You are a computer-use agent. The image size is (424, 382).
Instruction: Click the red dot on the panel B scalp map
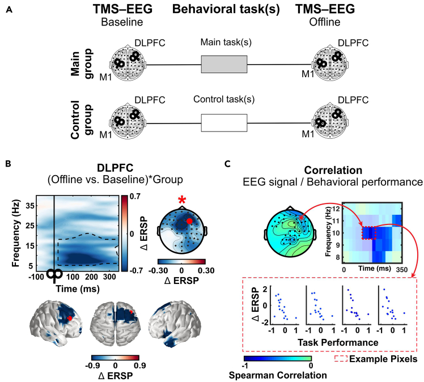(x=189, y=222)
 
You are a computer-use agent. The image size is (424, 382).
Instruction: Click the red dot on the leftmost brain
(x=70, y=319)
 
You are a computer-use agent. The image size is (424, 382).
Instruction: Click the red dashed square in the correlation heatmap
(x=368, y=232)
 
